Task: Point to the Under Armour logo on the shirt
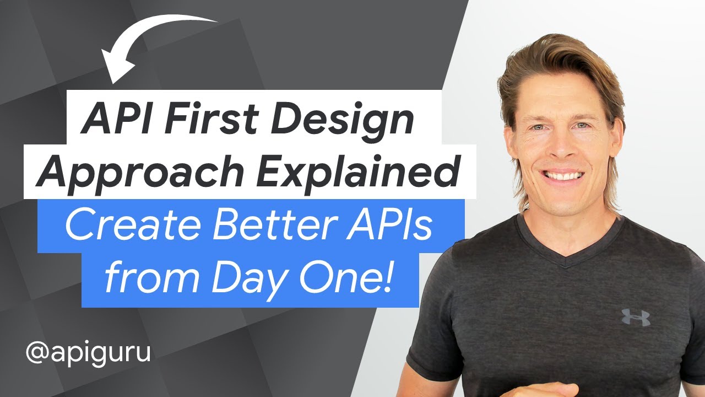pos(636,317)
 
